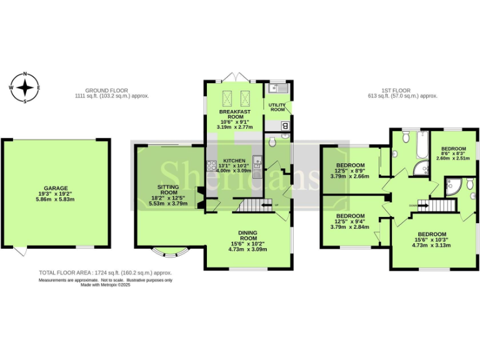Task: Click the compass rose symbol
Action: click(x=25, y=87)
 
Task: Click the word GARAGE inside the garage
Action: click(x=56, y=187)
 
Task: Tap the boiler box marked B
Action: click(x=286, y=126)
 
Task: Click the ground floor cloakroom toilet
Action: click(x=271, y=143)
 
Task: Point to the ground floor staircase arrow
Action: click(x=267, y=204)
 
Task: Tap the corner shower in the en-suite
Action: click(x=452, y=184)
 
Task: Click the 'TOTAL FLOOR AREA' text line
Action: click(x=105, y=273)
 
